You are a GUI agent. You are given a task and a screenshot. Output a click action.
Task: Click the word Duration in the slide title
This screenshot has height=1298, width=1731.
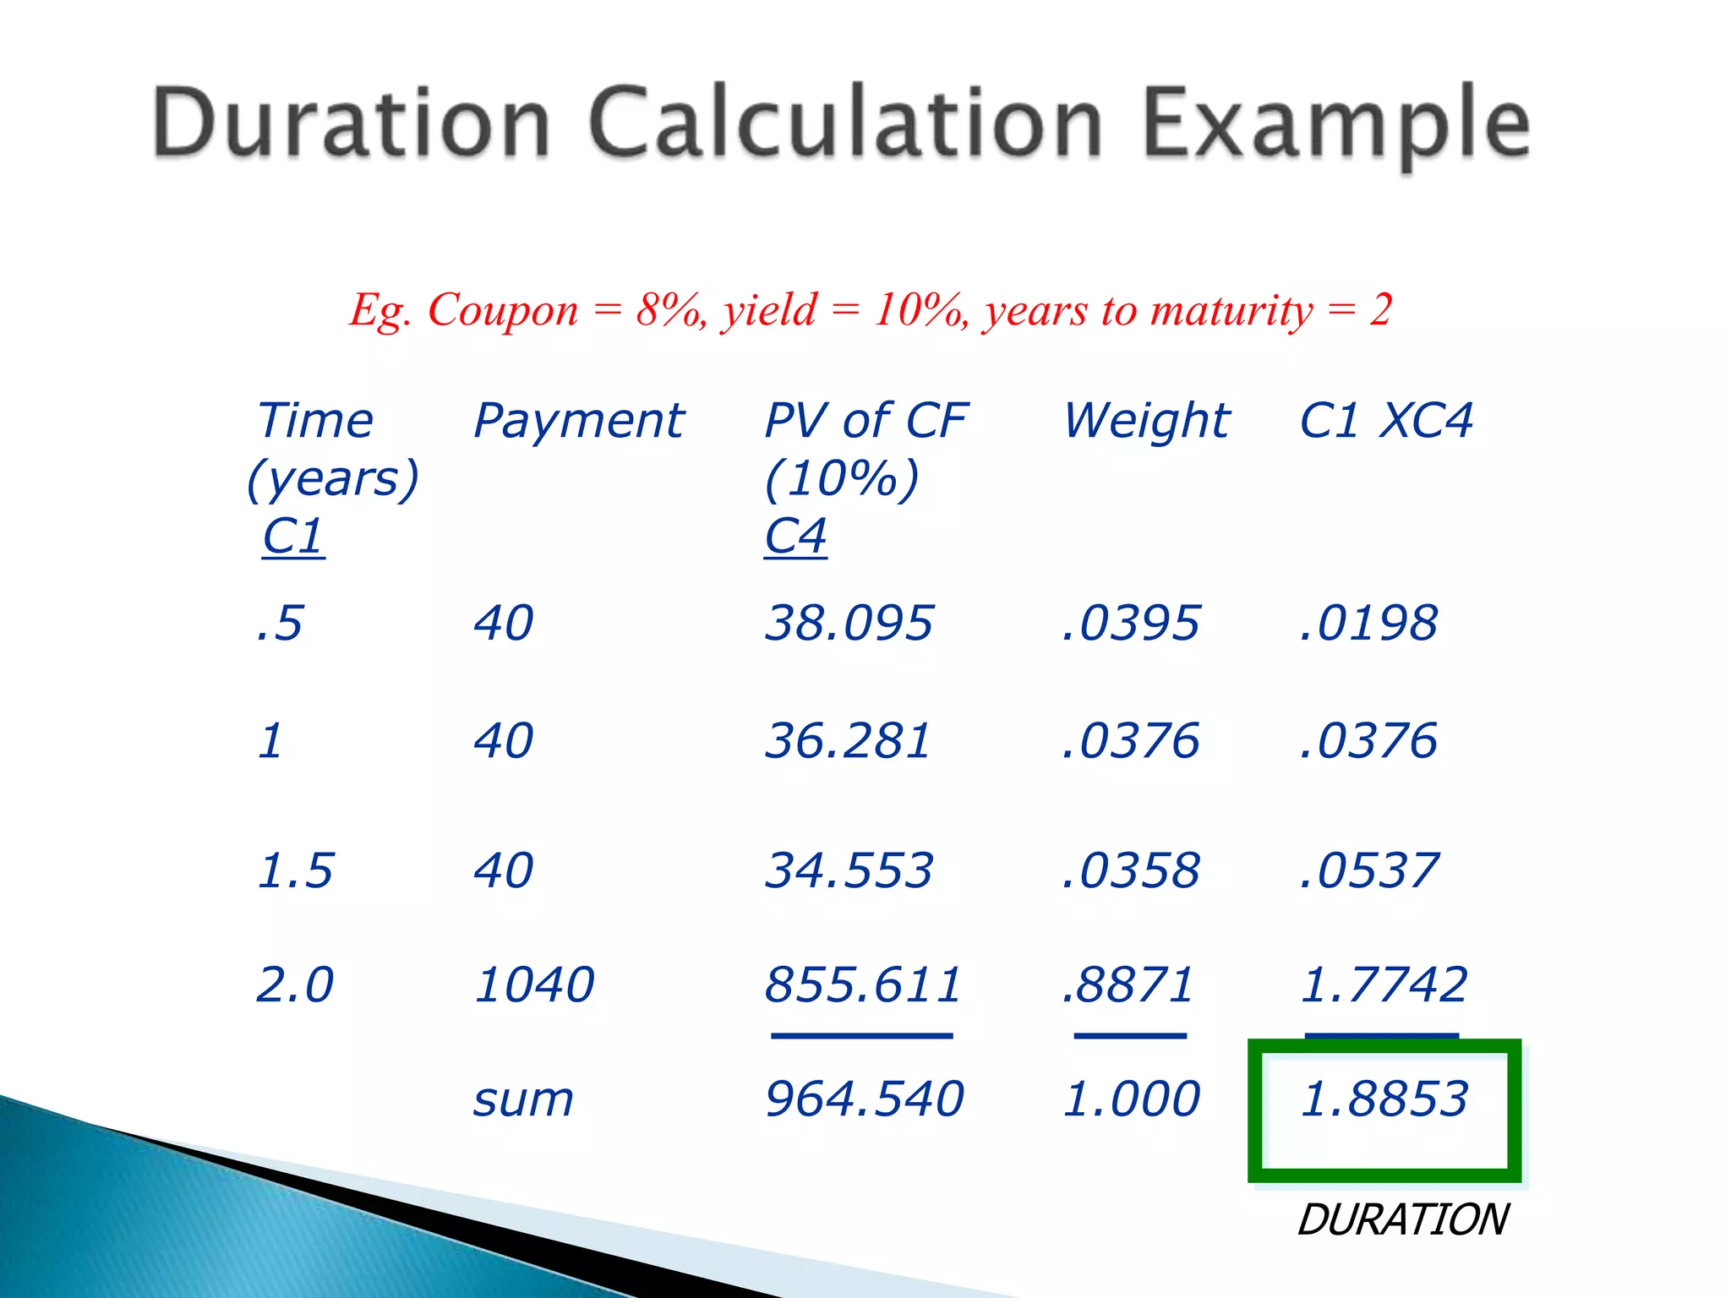point(352,123)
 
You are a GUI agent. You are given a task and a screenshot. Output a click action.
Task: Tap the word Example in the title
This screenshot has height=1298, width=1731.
point(1335,125)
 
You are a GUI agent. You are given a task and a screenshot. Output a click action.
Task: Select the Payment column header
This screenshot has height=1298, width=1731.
point(579,421)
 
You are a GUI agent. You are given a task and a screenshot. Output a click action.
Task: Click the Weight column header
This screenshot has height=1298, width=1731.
point(1146,421)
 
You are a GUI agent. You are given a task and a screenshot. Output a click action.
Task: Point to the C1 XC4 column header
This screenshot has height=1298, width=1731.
point(1386,421)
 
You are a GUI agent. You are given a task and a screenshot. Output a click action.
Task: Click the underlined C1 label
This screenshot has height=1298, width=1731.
point(292,536)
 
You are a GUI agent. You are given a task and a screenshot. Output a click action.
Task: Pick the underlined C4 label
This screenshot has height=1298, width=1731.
point(795,536)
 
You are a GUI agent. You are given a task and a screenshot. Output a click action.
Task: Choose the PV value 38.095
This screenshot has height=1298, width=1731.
point(849,624)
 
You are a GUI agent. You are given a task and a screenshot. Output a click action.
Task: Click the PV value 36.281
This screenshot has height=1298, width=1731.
point(848,741)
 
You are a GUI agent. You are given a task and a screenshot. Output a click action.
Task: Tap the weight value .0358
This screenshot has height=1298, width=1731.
point(1131,870)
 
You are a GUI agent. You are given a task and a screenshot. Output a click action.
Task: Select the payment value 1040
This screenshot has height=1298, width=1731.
point(534,985)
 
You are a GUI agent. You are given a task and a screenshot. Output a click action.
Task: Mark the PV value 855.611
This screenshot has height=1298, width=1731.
point(863,985)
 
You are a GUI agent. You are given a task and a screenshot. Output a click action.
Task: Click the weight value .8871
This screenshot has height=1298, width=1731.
point(1128,985)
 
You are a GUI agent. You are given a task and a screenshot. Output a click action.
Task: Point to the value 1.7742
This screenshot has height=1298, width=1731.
point(1384,985)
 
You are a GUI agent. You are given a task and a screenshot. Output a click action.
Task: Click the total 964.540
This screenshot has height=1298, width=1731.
point(864,1099)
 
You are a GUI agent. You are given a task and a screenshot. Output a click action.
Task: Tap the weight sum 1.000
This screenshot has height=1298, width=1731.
point(1131,1099)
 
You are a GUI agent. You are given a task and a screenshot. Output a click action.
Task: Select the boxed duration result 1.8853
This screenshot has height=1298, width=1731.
point(1384,1099)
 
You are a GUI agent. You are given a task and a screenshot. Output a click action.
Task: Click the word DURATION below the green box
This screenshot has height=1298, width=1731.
point(1403,1220)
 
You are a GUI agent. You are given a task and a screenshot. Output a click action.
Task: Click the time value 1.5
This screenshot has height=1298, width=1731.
point(295,870)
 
